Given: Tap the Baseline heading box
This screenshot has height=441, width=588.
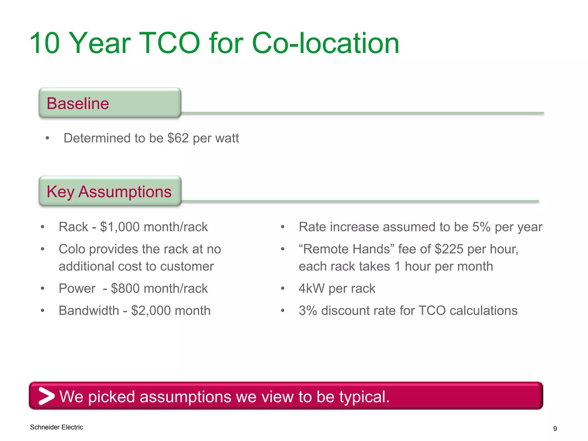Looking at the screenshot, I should tap(110, 103).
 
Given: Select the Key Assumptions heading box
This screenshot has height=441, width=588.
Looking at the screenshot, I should tap(110, 191).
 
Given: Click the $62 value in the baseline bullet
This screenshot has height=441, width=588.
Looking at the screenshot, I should tap(178, 138).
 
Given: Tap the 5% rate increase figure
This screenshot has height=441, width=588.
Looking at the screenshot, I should tap(481, 227).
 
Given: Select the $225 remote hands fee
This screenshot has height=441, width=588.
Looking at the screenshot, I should tap(449, 249).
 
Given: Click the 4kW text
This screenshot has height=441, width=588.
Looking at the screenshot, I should tap(312, 288).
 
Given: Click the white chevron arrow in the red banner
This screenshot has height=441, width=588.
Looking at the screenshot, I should tap(46, 396).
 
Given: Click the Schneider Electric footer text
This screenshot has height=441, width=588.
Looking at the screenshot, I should tap(57, 427).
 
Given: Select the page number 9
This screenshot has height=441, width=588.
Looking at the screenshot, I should tap(555, 429).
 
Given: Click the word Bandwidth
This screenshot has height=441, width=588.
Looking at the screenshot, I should tap(89, 310).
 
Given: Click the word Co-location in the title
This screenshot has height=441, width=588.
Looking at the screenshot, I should tap(325, 43).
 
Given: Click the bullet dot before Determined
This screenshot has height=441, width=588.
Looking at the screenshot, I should tap(48, 138).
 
